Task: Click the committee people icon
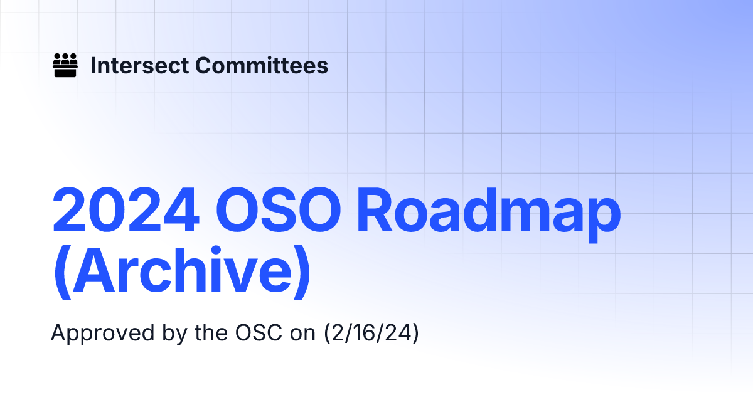tap(65, 65)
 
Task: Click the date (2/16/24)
tap(371, 332)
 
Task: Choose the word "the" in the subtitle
tap(200, 332)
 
